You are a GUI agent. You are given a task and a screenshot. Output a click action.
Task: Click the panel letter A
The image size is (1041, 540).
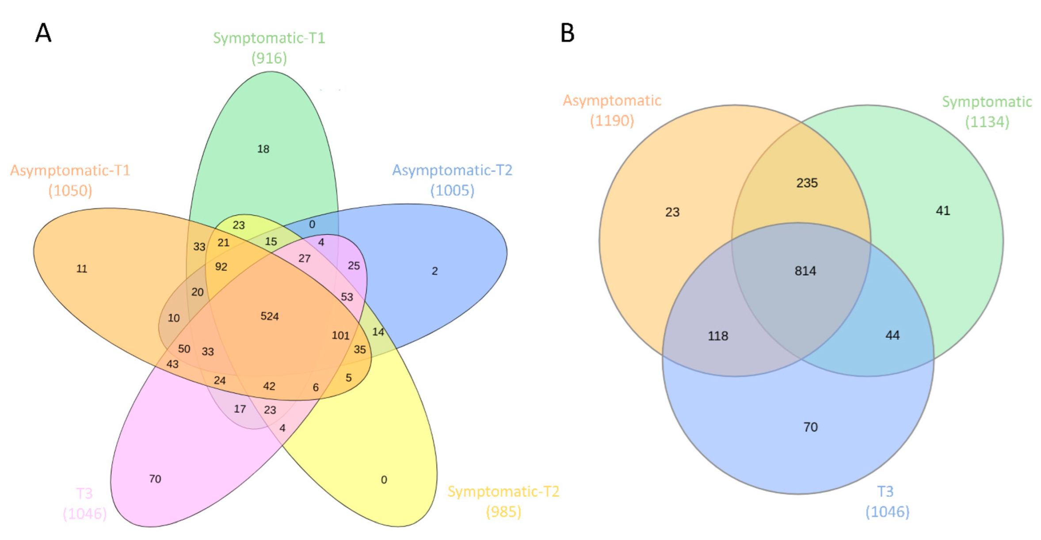click(x=43, y=33)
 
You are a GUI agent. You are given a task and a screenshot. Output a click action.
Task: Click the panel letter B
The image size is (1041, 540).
click(x=567, y=33)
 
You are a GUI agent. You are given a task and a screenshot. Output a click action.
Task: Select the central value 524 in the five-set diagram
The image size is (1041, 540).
click(x=269, y=316)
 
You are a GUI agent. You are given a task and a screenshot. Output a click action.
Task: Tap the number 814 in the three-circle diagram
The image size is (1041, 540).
click(x=805, y=271)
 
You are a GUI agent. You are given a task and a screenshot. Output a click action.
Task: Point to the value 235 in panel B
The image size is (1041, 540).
click(x=807, y=183)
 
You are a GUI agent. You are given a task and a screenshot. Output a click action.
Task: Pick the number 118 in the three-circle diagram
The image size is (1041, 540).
click(x=717, y=336)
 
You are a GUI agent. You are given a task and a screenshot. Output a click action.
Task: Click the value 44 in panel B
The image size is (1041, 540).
click(x=892, y=335)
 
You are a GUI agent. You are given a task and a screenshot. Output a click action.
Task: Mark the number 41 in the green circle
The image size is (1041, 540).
click(x=942, y=211)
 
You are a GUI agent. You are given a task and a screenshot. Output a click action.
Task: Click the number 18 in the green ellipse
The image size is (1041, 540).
click(x=263, y=149)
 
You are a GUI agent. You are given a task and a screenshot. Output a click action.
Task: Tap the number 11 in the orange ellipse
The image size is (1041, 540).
click(x=82, y=269)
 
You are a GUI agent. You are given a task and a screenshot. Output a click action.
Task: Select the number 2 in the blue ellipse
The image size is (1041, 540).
click(x=435, y=271)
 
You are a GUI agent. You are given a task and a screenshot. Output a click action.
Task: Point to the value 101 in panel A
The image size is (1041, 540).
click(x=340, y=336)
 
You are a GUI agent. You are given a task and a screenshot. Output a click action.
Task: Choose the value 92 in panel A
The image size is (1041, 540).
click(x=221, y=267)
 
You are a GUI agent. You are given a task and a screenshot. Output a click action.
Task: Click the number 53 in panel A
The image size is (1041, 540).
click(x=347, y=297)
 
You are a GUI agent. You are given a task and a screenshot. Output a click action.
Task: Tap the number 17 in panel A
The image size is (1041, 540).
click(x=240, y=409)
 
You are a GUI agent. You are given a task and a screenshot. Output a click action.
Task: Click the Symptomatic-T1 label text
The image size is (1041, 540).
click(x=269, y=38)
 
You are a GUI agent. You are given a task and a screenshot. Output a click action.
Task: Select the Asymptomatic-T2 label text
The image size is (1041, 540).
click(x=452, y=170)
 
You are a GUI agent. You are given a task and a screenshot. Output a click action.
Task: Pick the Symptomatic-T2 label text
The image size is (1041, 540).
click(x=503, y=491)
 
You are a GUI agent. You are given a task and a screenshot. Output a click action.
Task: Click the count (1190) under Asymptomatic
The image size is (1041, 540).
click(x=612, y=121)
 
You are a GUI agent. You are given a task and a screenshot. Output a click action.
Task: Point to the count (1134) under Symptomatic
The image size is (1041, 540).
click(x=987, y=122)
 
